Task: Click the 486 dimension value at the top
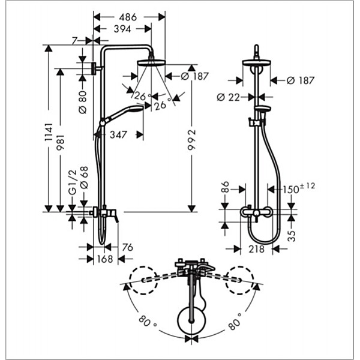pos(128,17)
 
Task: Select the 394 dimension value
pos(122,29)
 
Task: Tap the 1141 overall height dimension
pos(49,132)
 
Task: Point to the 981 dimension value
pos(61,142)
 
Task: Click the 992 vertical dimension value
pos(192,140)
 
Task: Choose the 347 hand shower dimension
pos(118,135)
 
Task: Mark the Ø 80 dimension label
pos(83,103)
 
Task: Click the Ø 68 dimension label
pos(84,178)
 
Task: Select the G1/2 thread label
pos(73,183)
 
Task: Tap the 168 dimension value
pos(105,259)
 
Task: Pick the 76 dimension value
pos(127,247)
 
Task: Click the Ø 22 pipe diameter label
pos(228,98)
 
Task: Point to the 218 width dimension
pos(256,249)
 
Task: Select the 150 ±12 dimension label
pos(298,188)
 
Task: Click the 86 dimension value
pos(225,187)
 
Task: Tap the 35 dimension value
pos(292,236)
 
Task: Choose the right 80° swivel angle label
pos(235,321)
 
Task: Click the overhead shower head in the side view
pos(151,62)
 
